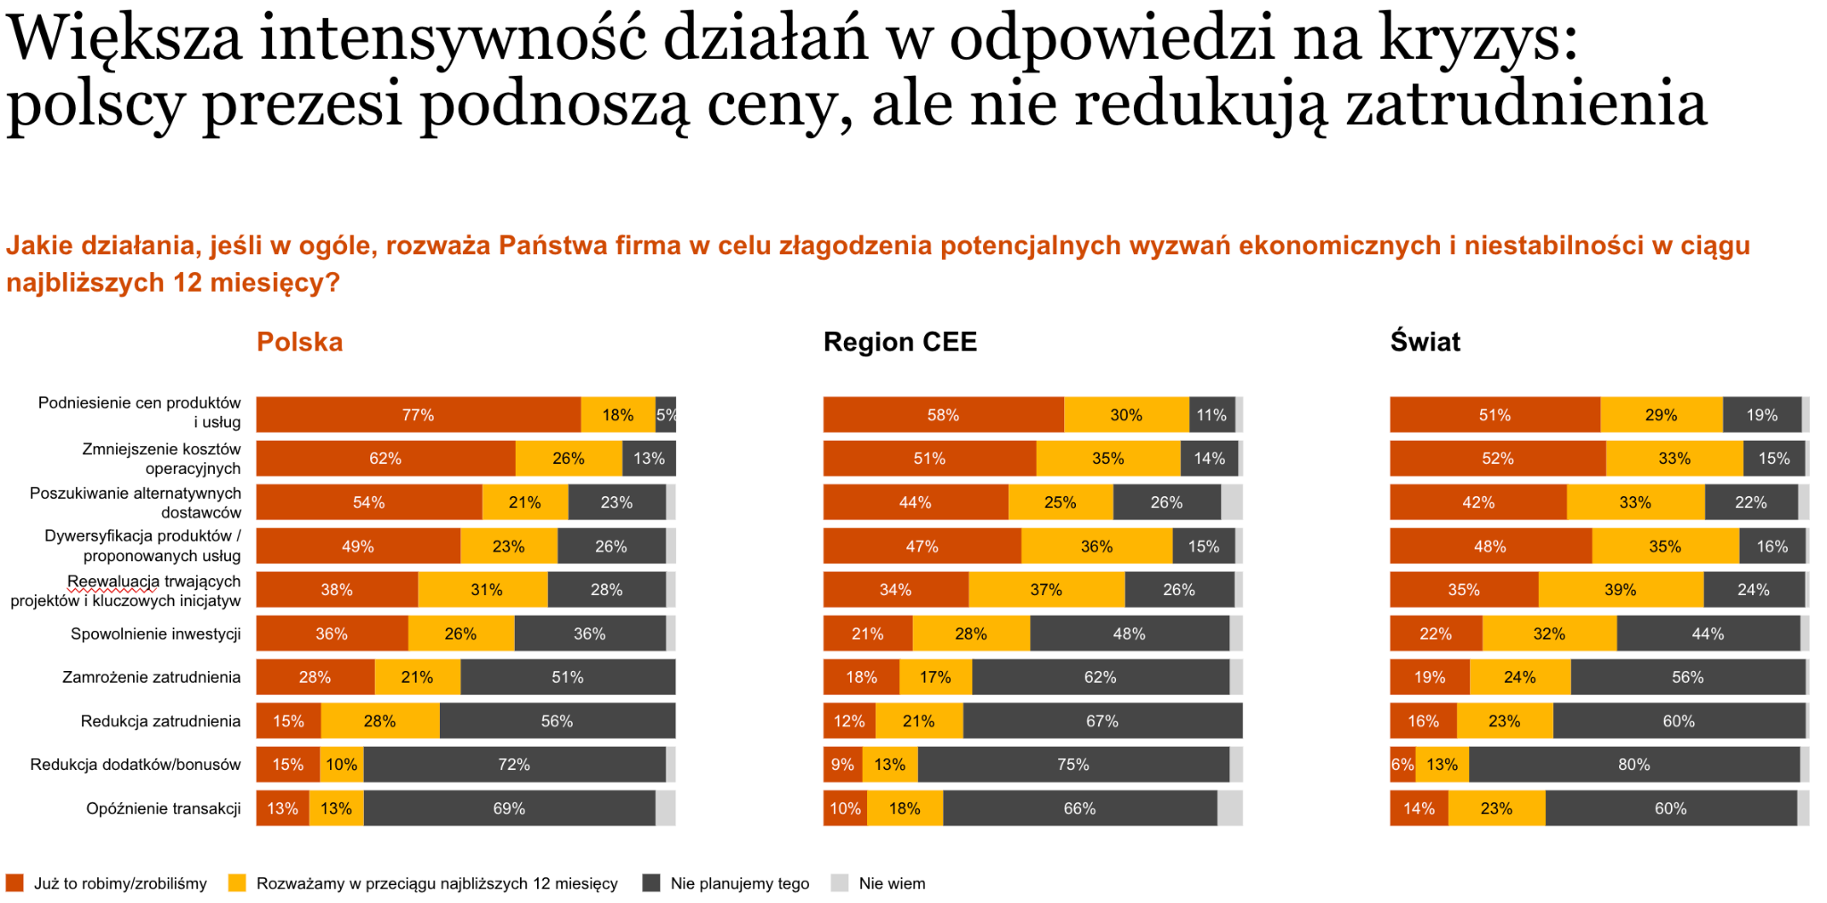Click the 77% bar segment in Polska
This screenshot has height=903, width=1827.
pos(417,415)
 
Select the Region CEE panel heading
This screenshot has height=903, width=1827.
pos(899,342)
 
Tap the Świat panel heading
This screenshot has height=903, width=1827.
pos(1425,342)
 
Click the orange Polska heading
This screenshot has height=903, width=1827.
pos(299,342)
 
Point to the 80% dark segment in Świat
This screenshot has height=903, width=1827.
pos(1633,765)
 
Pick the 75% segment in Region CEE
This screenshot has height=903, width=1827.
pos(1072,765)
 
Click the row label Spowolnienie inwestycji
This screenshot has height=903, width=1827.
pos(155,634)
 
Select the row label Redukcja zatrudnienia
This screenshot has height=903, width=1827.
pos(161,721)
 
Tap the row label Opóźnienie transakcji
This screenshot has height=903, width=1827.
pos(163,808)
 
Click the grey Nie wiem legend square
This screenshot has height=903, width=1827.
pos(839,883)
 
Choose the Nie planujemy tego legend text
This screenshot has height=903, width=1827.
pos(740,883)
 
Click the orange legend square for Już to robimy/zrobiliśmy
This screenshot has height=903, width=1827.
pos(14,883)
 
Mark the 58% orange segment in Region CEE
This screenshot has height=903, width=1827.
pos(942,415)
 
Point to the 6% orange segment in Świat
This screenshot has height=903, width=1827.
pos(1401,765)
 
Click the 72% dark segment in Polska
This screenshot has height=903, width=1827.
pos(514,765)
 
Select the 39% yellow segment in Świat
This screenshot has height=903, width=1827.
pos(1620,590)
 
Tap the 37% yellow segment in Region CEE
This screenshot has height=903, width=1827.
pos(1046,590)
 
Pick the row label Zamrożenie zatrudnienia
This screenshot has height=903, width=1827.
pos(151,677)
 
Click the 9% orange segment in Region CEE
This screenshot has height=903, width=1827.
pos(842,765)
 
